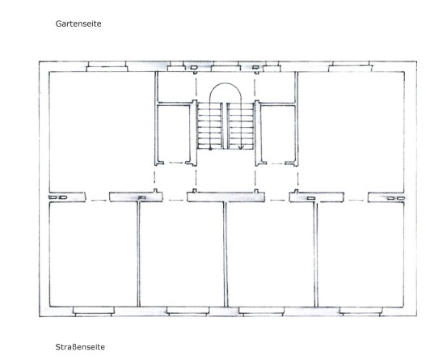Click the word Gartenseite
(x=78, y=23)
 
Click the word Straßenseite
(x=80, y=347)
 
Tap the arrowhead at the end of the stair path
(x=241, y=147)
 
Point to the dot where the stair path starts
(x=210, y=149)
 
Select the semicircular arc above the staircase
(x=226, y=83)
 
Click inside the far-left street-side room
(x=93, y=255)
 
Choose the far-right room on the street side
(x=361, y=255)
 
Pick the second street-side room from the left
(x=182, y=255)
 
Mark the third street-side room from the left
(x=271, y=255)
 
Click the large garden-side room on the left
(x=102, y=131)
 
